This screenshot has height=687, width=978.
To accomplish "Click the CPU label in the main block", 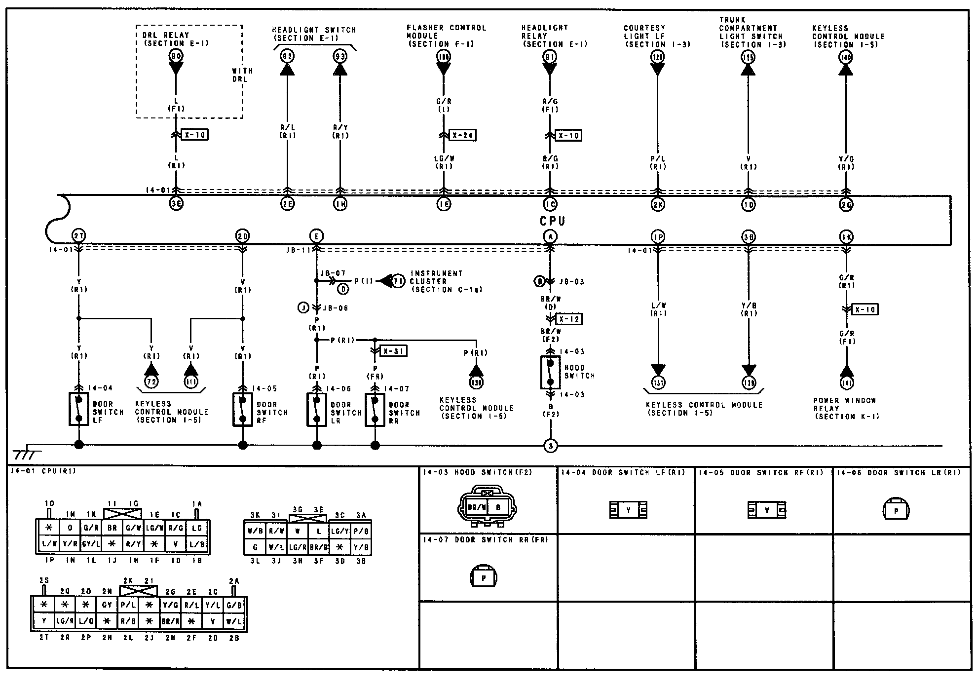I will click(x=552, y=221).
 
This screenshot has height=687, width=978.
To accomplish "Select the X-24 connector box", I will click(x=462, y=135).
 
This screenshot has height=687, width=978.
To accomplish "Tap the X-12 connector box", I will click(x=568, y=319).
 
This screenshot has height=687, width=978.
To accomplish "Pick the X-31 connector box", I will click(x=393, y=351).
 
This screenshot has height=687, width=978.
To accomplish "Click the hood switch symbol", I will click(x=550, y=372).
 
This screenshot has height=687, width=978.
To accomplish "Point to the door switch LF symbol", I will click(x=78, y=409).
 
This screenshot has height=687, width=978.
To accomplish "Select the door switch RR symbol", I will click(x=375, y=410).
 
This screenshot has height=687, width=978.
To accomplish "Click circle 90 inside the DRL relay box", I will click(x=176, y=56).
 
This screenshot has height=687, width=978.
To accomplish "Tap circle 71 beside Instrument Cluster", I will click(x=398, y=281).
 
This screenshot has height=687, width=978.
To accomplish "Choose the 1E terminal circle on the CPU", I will click(x=444, y=204).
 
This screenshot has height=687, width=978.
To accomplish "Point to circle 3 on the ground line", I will click(x=550, y=446).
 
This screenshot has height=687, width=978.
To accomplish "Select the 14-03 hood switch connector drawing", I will click(x=488, y=506).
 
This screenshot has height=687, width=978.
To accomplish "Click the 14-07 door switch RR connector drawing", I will click(x=484, y=577).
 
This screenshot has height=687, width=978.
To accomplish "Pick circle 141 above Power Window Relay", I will click(x=846, y=382).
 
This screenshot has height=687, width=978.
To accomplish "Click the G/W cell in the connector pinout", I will click(x=133, y=528).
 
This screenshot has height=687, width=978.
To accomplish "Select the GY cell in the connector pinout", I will click(x=107, y=604).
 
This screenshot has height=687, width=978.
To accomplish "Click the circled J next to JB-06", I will click(x=303, y=308).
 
